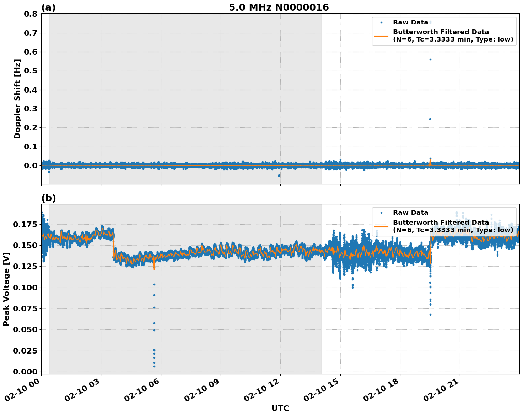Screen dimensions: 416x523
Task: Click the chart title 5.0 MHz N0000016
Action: [x=279, y=7]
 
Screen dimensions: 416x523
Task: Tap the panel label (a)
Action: [x=48, y=7]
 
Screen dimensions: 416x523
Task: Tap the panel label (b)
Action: [x=48, y=198]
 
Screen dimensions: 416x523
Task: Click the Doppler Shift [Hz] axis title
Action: [x=17, y=99]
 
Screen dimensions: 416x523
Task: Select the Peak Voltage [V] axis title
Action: [x=6, y=289]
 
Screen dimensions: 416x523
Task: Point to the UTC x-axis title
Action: [x=280, y=408]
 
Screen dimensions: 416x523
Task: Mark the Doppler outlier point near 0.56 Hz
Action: [x=430, y=59]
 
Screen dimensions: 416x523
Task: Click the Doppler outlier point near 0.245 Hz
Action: [x=430, y=119]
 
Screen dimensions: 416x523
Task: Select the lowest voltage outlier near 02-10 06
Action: [x=154, y=366]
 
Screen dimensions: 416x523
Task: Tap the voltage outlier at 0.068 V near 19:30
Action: [x=430, y=314]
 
